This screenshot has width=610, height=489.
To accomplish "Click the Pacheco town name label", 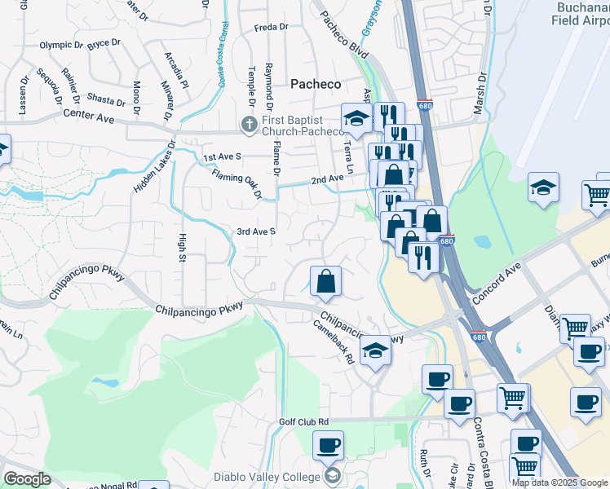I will (x=316, y=84).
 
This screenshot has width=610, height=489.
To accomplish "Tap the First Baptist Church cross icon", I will (x=249, y=123).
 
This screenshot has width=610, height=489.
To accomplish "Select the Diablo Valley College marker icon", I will (x=332, y=474).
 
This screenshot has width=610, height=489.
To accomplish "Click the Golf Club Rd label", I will (x=303, y=421).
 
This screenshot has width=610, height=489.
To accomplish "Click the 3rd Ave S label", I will (x=257, y=231).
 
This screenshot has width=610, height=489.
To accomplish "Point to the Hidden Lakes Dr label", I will (x=155, y=167).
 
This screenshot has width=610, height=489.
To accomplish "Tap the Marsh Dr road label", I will (x=480, y=94).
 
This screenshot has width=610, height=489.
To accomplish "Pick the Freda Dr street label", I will (x=272, y=27).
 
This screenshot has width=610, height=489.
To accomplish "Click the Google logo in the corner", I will (x=27, y=479).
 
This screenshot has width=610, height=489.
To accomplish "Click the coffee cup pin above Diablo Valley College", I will (x=328, y=445).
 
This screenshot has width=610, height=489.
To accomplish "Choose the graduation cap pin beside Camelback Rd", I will (x=375, y=350).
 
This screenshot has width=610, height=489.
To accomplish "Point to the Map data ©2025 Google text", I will (x=559, y=482).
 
